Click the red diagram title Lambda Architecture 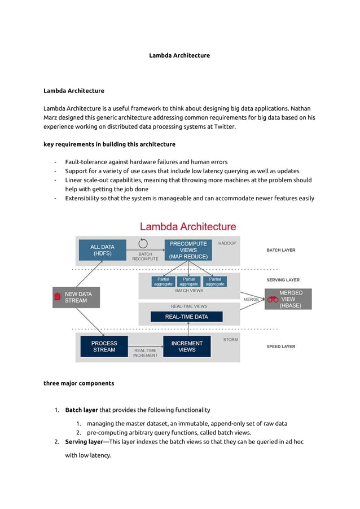tap(188, 227)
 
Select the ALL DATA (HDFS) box tap(102, 251)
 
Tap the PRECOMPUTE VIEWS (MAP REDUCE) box tap(188, 250)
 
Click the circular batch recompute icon tap(143, 244)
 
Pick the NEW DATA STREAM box tap(76, 297)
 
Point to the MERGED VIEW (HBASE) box tap(288, 299)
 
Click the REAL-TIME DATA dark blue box tap(186, 317)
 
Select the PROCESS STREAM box tap(104, 346)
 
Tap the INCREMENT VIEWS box tap(187, 346)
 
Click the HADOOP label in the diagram tap(227, 243)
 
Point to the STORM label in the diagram tap(230, 340)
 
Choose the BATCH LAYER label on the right tap(280, 250)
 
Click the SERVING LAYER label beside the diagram tap(283, 280)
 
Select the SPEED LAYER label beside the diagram tap(280, 346)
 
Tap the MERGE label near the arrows tap(251, 299)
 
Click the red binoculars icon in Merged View tap(273, 300)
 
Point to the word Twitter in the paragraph tap(222, 126)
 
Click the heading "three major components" tap(79, 383)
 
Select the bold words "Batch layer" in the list tap(81, 410)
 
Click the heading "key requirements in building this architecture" tap(109, 144)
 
